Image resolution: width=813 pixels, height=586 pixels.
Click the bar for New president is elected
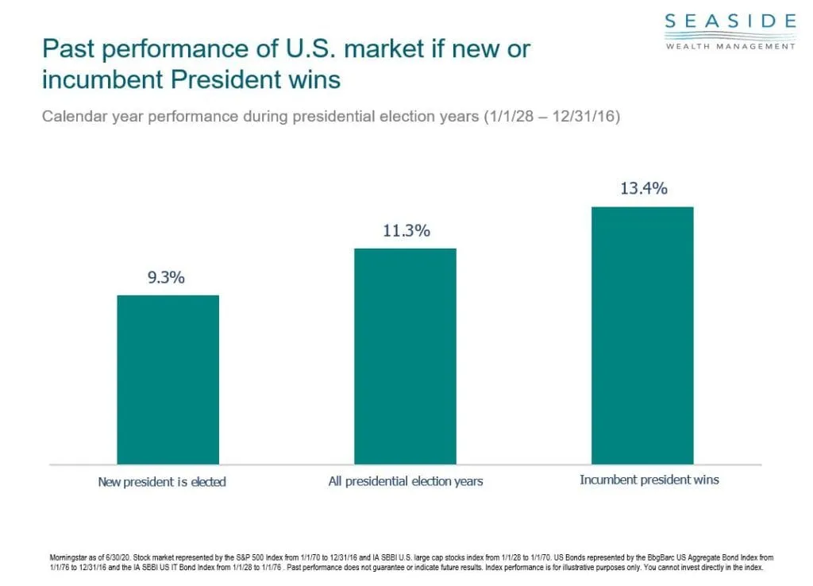[x=168, y=380]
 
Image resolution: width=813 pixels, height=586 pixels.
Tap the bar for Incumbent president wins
[x=642, y=335]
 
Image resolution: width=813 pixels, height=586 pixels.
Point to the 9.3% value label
[x=165, y=278]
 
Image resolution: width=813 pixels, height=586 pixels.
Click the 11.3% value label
[x=405, y=231]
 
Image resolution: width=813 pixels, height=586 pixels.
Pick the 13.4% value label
[x=644, y=189]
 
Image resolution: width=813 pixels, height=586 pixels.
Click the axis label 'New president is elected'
[x=162, y=481]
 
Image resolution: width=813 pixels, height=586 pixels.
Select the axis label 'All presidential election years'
[x=405, y=481]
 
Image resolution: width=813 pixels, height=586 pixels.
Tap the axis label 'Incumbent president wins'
[x=649, y=480]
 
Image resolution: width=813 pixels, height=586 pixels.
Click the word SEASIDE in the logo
[x=730, y=21]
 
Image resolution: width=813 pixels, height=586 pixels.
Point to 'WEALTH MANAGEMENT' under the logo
[x=730, y=46]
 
